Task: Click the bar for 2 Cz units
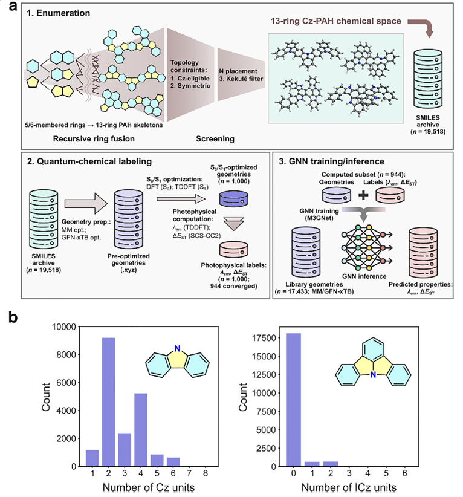[x=108, y=402]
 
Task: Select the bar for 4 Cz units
[x=141, y=430]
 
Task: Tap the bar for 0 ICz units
[x=294, y=400]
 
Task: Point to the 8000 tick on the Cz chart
[x=66, y=355]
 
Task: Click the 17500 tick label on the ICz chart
[x=265, y=338]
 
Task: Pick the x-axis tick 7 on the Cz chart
[x=189, y=473]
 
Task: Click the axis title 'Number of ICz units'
[x=349, y=487]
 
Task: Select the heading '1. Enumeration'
[x=58, y=13]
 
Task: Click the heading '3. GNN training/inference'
[x=331, y=161]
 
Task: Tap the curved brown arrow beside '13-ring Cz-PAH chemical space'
[x=425, y=25]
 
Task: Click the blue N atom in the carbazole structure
[x=177, y=348]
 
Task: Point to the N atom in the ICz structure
[x=373, y=375]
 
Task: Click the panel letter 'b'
[x=13, y=317]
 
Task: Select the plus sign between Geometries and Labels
[x=363, y=195]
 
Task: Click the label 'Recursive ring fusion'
[x=94, y=139]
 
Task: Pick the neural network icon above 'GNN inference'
[x=367, y=247]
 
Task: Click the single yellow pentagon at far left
[x=33, y=82]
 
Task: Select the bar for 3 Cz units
[x=125, y=450]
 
